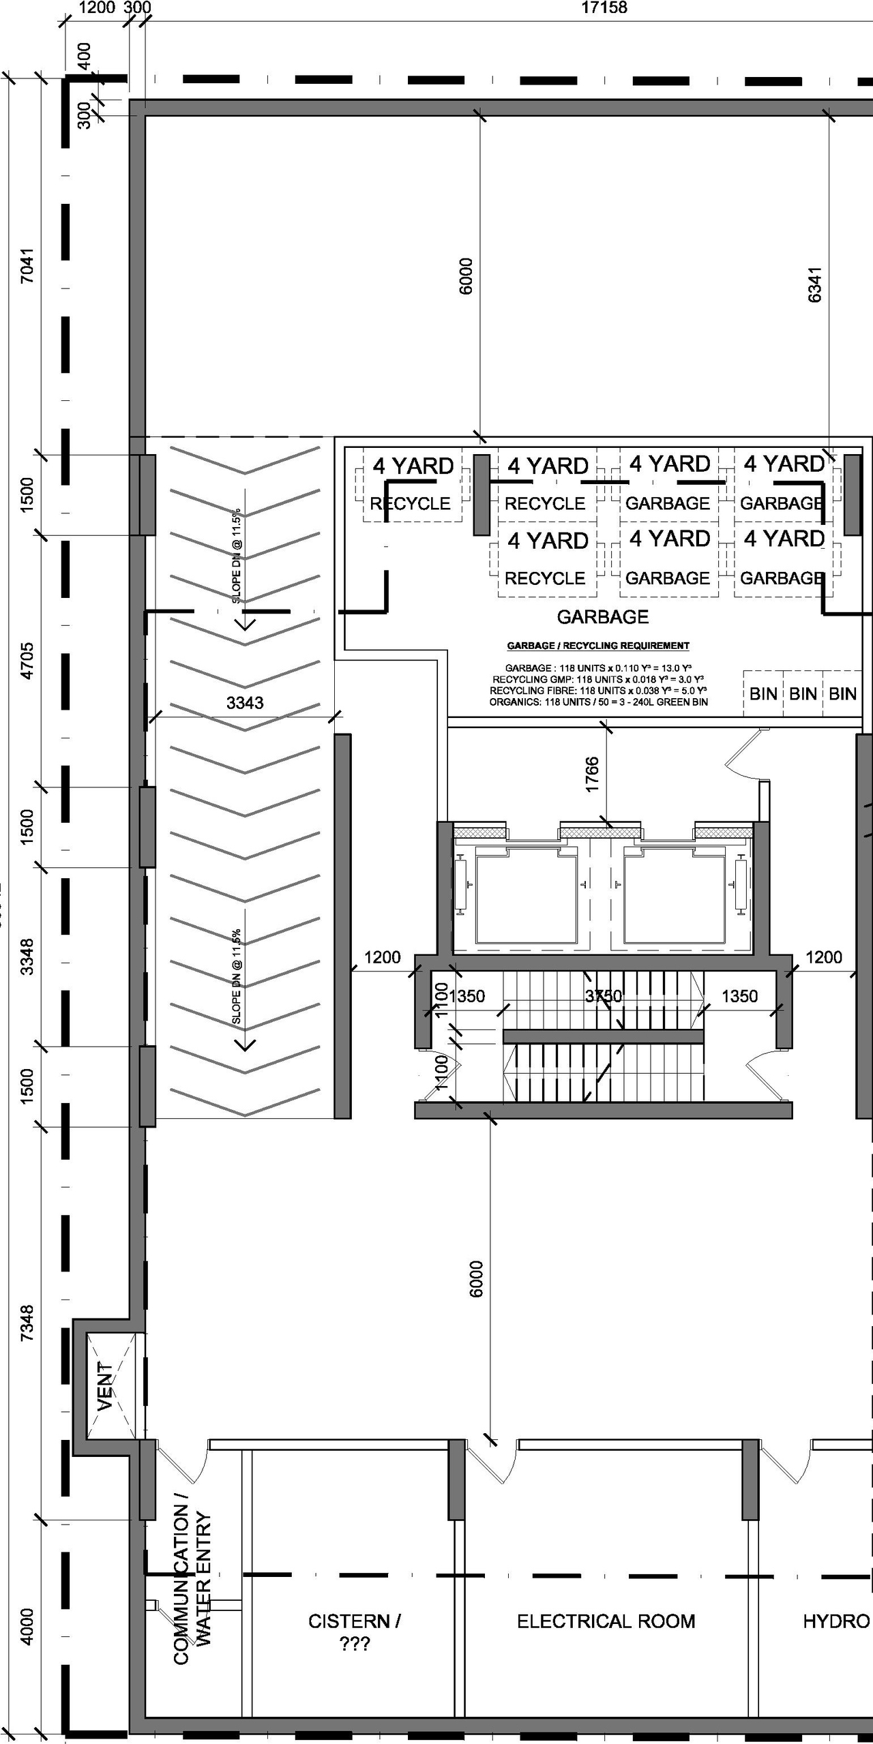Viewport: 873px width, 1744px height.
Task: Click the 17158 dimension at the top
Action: pyautogui.click(x=604, y=8)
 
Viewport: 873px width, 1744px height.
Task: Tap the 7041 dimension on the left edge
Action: pyautogui.click(x=27, y=267)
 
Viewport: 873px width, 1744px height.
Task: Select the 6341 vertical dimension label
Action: pyautogui.click(x=814, y=284)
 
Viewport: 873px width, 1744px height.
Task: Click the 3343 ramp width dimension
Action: pyautogui.click(x=245, y=703)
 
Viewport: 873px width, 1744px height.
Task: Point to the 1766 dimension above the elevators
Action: pyautogui.click(x=592, y=775)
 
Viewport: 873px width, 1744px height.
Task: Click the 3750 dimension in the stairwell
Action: pyautogui.click(x=604, y=996)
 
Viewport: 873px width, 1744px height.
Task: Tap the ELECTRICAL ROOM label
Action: pyautogui.click(x=606, y=1621)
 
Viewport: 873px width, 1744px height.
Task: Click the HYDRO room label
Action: pyautogui.click(x=835, y=1621)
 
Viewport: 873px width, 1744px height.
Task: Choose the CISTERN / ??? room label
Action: pyautogui.click(x=354, y=1632)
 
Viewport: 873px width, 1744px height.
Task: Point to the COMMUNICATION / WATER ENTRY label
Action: pyautogui.click(x=192, y=1589)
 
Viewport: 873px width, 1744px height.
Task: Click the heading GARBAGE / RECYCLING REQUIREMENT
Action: pyautogui.click(x=597, y=646)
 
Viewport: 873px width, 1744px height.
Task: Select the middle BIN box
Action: pyautogui.click(x=803, y=694)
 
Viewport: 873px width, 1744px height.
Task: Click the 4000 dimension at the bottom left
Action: pyautogui.click(x=27, y=1627)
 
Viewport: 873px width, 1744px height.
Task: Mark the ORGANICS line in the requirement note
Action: pyautogui.click(x=598, y=702)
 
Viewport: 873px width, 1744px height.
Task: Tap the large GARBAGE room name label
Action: pyautogui.click(x=603, y=617)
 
